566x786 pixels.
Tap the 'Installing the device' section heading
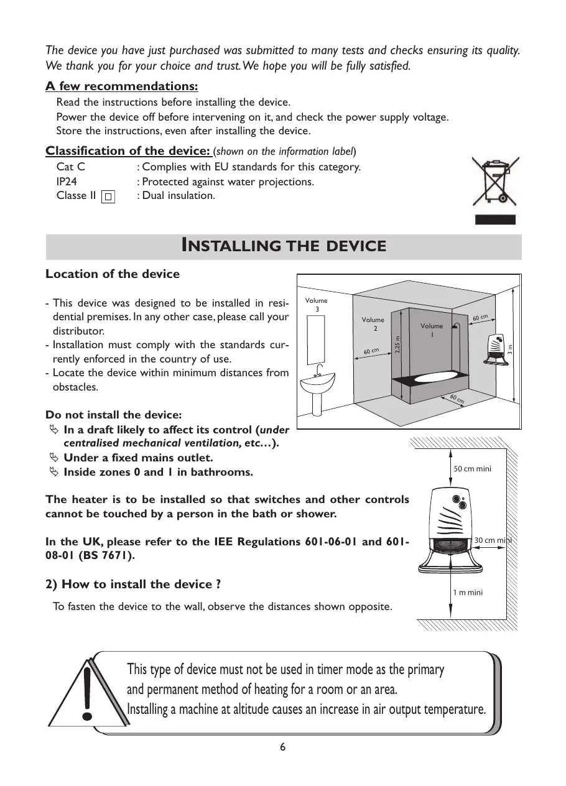(x=283, y=246)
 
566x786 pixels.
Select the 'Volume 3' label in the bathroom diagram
(x=317, y=305)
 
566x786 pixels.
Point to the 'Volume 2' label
(x=373, y=324)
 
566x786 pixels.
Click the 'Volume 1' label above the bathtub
(x=432, y=330)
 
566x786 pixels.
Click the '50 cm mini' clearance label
(x=472, y=468)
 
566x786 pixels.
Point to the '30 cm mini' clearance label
(x=492, y=540)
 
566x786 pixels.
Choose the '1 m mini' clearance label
(x=468, y=593)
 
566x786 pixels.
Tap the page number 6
(x=283, y=747)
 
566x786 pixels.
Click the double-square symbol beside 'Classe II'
(x=108, y=196)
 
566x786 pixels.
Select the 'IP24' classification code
(x=67, y=182)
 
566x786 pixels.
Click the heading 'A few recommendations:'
(x=122, y=86)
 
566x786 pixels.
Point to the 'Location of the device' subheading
(x=113, y=274)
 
